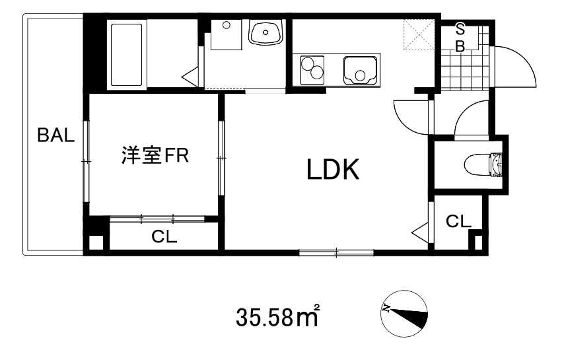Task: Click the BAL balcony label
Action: [56, 137]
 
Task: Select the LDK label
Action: [332, 170]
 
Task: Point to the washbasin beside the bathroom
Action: [265, 33]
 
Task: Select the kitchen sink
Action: [360, 69]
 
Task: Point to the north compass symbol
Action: [404, 314]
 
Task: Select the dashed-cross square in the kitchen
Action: [418, 35]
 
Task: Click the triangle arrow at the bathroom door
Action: [190, 75]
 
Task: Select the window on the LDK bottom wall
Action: [336, 251]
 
